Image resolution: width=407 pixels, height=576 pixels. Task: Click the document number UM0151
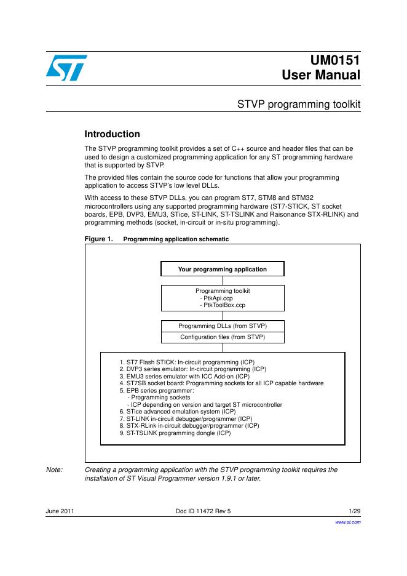336,60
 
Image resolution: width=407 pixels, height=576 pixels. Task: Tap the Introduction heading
112,134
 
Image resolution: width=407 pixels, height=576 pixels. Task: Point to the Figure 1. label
98,239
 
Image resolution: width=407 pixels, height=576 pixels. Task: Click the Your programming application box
222,270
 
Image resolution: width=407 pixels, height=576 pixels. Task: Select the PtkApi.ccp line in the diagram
212,298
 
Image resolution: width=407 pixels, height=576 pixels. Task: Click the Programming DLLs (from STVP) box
222,326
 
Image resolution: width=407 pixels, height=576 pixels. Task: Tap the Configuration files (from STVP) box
222,337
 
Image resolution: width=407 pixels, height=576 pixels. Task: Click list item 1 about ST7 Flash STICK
186,362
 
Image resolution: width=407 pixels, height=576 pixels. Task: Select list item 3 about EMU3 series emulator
184,376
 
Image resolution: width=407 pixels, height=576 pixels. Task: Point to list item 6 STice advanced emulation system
178,411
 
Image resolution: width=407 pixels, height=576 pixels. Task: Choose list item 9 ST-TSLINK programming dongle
175,433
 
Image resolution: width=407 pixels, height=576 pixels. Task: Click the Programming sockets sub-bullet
158,398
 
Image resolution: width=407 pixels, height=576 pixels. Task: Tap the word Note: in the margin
54,470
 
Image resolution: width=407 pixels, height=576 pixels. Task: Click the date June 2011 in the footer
60,511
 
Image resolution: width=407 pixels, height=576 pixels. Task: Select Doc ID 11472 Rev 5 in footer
204,511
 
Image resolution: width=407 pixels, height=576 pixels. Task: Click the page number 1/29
354,511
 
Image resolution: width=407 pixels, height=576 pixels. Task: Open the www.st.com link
347,521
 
